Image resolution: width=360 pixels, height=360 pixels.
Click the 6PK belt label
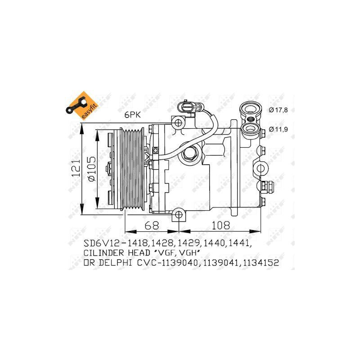tap(133, 115)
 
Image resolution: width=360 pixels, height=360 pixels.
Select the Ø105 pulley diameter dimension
tap(91, 169)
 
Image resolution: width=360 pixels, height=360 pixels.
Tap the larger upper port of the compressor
tap(249, 109)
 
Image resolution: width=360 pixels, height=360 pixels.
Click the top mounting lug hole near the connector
tap(178, 122)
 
